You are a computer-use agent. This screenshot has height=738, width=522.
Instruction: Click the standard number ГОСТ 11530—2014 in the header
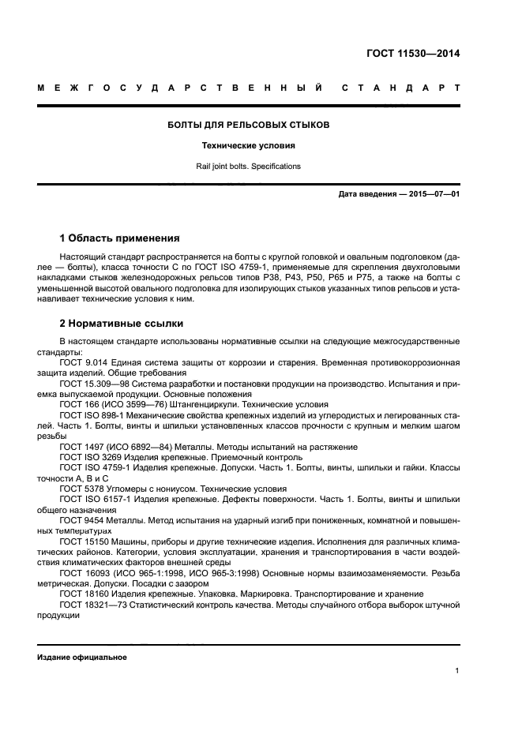click(413, 54)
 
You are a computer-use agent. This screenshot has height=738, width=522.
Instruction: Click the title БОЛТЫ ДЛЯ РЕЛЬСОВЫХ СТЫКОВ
click(250, 125)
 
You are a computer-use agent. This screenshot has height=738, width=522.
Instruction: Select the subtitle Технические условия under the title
click(250, 146)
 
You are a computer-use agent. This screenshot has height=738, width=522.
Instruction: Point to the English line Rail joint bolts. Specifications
click(250, 167)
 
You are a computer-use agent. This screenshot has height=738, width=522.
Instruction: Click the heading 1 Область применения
click(119, 238)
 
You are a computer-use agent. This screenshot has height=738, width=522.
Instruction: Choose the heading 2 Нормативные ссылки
click(122, 323)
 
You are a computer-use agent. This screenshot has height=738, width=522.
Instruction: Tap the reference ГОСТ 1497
click(78, 447)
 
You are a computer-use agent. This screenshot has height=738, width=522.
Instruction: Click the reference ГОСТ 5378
click(78, 489)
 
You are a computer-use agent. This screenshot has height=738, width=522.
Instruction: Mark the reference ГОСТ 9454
click(78, 520)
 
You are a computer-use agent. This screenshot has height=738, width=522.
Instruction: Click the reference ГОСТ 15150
click(81, 541)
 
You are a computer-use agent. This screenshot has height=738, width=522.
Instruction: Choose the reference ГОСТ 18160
click(81, 593)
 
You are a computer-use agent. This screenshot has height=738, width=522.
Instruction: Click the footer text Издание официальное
click(82, 657)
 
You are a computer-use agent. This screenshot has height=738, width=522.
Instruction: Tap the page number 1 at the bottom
click(457, 671)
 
